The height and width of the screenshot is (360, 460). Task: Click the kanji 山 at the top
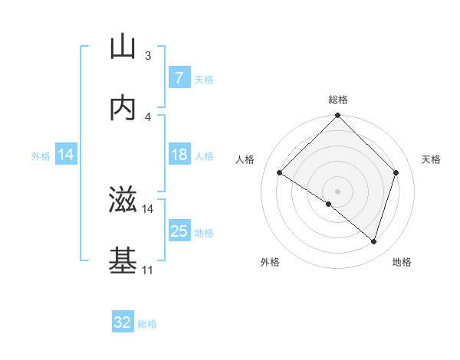tap(123, 47)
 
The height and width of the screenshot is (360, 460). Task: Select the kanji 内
tap(123, 108)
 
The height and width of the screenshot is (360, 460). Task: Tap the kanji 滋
tap(123, 201)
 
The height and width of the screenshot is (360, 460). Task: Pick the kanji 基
tap(123, 261)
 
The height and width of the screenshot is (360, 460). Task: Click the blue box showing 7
tap(179, 78)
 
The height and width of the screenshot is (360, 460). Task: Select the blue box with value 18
tap(179, 155)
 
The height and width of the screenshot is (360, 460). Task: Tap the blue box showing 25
tap(179, 231)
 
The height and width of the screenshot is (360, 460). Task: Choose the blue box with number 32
tap(123, 323)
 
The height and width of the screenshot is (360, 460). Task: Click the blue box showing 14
tap(65, 155)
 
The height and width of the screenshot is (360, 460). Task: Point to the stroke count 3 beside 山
tap(148, 56)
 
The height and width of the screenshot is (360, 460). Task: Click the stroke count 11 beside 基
tap(147, 270)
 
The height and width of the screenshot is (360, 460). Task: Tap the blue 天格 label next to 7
tap(204, 79)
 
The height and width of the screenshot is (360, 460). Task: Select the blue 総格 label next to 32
tap(147, 324)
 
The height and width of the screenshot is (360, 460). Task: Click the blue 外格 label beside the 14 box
tap(41, 156)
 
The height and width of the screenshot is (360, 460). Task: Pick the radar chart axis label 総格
tap(338, 100)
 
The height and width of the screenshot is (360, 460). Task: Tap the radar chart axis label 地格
tap(402, 262)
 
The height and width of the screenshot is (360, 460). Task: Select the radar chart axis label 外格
tap(270, 262)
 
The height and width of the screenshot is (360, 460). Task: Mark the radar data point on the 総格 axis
tap(338, 116)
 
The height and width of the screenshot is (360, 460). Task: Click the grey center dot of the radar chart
tap(338, 191)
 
